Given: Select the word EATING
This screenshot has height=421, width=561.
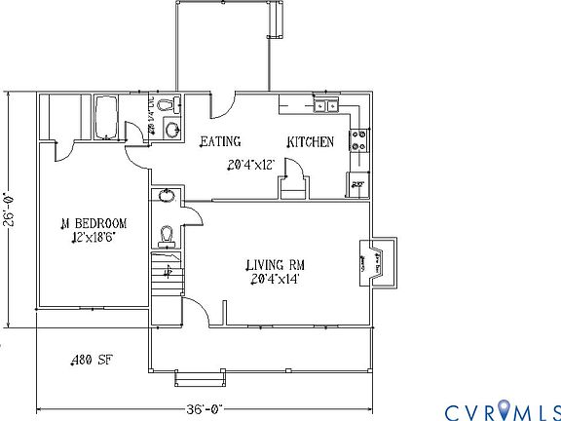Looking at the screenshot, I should coord(220,142).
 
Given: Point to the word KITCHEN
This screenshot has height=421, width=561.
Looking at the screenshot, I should coord(311,142).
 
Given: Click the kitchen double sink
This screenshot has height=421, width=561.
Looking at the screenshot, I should coord(324,106).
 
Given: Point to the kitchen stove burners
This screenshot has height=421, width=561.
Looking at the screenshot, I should coord(358,140).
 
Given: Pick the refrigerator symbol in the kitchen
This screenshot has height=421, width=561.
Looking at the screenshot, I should coord(357,182).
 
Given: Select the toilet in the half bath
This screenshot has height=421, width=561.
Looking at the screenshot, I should coord(168,234).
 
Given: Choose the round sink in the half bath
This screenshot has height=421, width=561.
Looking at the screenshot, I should coord(167,196).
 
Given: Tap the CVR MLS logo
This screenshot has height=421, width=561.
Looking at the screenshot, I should coord(502,408).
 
